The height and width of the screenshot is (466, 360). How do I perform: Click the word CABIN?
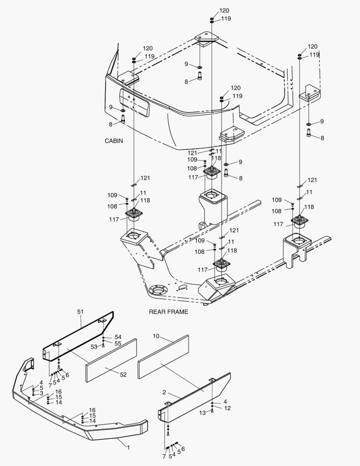point(114,141)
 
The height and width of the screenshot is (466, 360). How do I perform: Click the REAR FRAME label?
point(169,312)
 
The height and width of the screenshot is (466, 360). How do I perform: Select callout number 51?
point(80,311)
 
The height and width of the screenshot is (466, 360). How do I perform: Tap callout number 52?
point(123,375)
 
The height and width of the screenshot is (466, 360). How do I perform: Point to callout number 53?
point(93,346)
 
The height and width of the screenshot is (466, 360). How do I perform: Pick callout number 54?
point(118,337)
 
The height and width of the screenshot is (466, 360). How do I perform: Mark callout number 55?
point(118,343)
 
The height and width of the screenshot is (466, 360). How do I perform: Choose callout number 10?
point(156,335)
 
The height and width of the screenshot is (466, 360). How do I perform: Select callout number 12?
point(227,408)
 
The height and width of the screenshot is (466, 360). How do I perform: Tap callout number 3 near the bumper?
point(41,393)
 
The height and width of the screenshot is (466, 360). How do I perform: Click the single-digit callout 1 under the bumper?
point(128,447)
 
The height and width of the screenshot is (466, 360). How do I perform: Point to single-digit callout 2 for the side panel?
point(164,393)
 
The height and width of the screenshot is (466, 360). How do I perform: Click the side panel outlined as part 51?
point(80,334)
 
